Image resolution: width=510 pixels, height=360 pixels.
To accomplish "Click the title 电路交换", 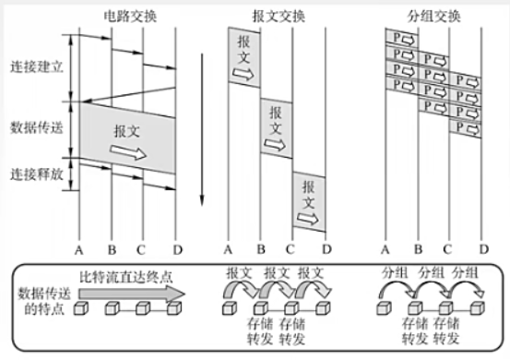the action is pyautogui.click(x=130, y=17).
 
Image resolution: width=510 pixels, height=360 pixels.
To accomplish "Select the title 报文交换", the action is pyautogui.click(x=279, y=17).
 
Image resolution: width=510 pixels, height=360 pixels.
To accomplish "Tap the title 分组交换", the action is pyautogui.click(x=433, y=17).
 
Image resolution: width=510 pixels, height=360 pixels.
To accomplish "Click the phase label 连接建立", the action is pyautogui.click(x=37, y=67).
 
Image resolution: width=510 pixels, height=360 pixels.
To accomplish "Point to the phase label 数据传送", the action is pyautogui.click(x=37, y=127).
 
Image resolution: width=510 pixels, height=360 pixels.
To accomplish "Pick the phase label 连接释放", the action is pyautogui.click(x=37, y=174).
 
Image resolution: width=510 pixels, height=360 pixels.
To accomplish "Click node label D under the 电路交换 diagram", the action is pyautogui.click(x=178, y=250).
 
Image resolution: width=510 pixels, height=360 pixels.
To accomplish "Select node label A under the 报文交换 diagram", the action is pyautogui.click(x=228, y=250).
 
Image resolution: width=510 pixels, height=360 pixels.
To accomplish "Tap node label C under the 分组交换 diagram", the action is pyautogui.click(x=447, y=250).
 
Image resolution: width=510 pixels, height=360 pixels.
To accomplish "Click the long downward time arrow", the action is pyautogui.click(x=202, y=129).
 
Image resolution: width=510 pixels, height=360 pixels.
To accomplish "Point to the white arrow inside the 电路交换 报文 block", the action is pyautogui.click(x=128, y=152).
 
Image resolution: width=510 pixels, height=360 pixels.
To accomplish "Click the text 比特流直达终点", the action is pyautogui.click(x=126, y=277).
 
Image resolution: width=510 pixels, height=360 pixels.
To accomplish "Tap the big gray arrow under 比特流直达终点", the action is pyautogui.click(x=132, y=294).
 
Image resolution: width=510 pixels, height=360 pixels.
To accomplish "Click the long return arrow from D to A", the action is pyautogui.click(x=128, y=94).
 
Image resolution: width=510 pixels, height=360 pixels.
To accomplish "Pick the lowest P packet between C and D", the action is pyautogui.click(x=465, y=128).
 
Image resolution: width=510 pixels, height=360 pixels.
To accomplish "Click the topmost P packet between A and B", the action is pyautogui.click(x=402, y=39).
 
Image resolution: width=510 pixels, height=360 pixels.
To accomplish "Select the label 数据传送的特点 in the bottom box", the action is pyautogui.click(x=44, y=301).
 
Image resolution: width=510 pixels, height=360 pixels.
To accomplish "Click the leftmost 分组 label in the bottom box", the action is pyautogui.click(x=395, y=272).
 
